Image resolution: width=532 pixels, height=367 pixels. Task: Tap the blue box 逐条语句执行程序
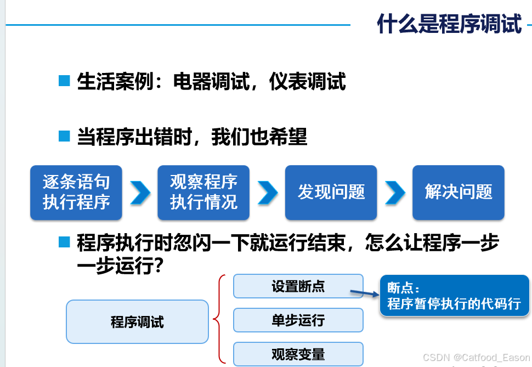[x=76, y=193]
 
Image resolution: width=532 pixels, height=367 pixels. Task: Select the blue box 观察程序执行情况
[x=203, y=193]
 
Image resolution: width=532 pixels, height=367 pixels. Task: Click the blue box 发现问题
[x=331, y=193]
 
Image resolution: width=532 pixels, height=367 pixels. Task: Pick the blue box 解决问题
[x=459, y=193]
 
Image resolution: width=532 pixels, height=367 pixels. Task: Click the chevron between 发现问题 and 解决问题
[x=395, y=193]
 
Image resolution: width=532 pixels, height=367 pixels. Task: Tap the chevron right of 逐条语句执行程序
[x=140, y=193]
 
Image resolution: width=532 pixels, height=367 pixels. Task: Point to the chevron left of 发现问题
[x=268, y=193]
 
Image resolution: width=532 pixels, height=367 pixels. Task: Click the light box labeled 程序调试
[x=137, y=321]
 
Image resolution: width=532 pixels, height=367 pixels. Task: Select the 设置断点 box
[x=298, y=286]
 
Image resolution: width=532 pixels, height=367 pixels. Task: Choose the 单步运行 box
[x=298, y=320]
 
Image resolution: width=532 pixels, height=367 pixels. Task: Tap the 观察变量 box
[x=298, y=354]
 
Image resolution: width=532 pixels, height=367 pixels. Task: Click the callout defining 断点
[x=454, y=296]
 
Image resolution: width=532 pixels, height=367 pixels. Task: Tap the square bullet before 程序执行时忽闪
[x=65, y=242]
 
